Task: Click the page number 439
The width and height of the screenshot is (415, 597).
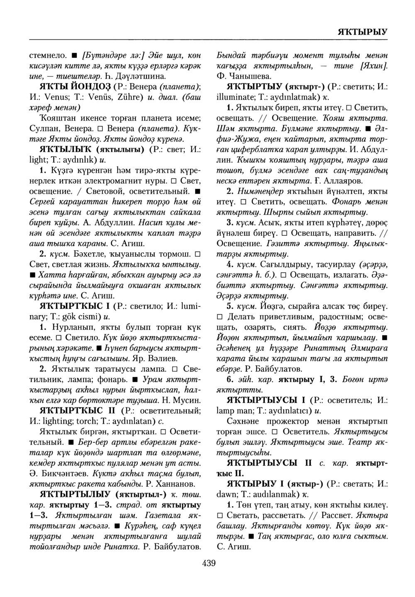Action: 208,563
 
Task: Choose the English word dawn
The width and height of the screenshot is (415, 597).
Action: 226,494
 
